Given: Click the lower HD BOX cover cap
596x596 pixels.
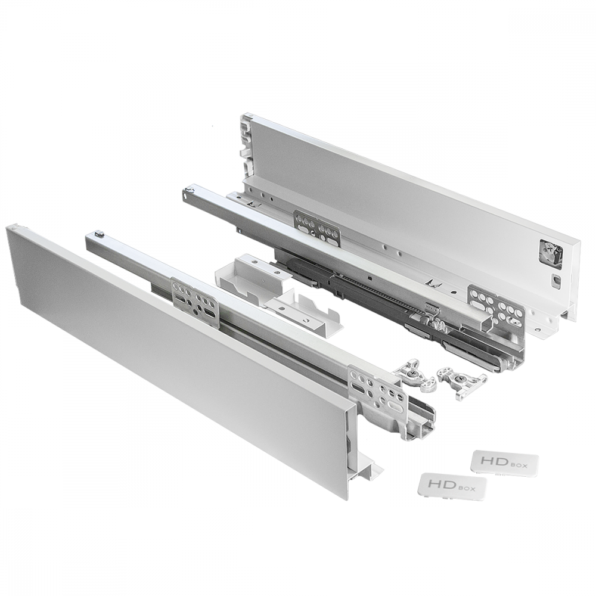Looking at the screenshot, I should click(452, 486).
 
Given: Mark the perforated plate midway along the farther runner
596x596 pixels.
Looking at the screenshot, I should click(317, 227).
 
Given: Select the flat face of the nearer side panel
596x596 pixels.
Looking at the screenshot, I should click(173, 352).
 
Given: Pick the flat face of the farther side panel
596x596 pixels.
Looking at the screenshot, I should click(405, 197).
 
